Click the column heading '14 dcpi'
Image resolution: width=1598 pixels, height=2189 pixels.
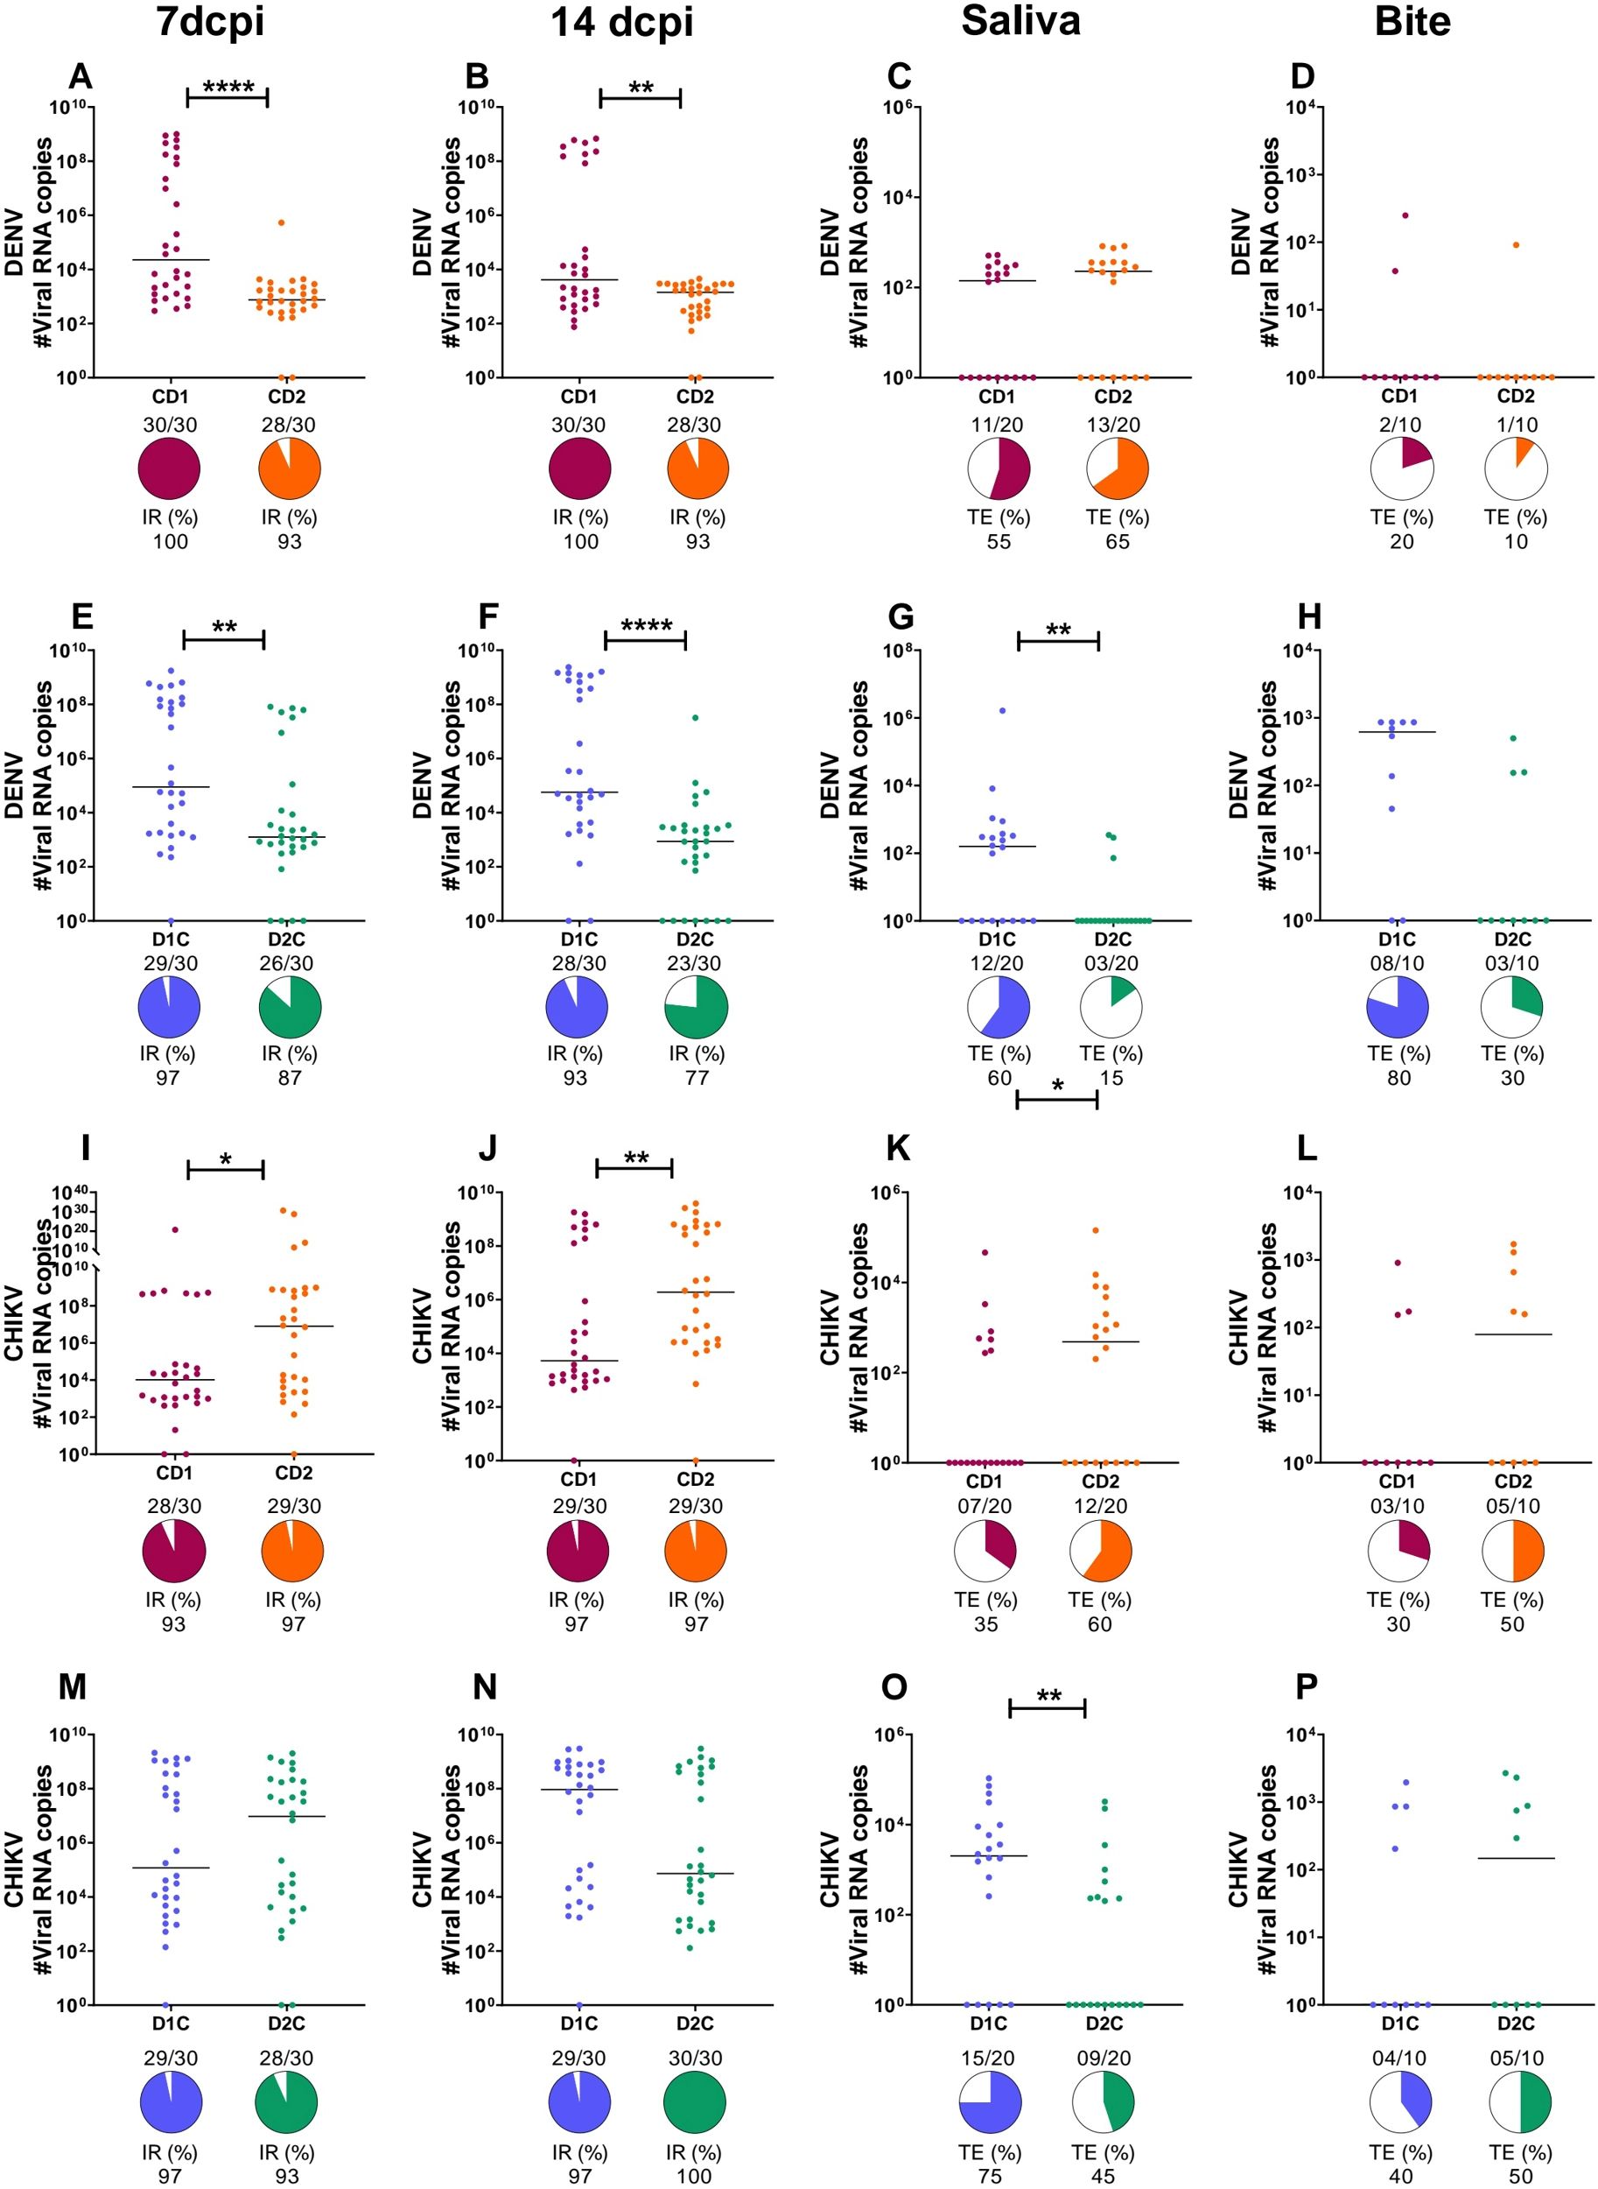[x=621, y=22]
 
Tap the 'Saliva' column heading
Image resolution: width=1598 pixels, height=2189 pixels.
[x=1020, y=21]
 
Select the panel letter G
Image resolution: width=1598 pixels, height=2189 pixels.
[x=900, y=617]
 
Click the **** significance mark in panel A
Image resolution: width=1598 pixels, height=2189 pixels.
[x=228, y=87]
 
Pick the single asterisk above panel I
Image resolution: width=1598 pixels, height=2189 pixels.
[x=226, y=1160]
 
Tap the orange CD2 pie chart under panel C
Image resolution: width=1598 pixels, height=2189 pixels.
[x=1118, y=469]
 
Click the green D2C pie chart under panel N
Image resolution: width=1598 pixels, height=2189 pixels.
[x=695, y=2101]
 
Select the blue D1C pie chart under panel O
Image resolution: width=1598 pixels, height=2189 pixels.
[x=990, y=2101]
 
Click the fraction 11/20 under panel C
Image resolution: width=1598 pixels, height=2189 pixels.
[x=998, y=425]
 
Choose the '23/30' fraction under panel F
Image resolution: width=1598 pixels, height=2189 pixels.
[x=695, y=963]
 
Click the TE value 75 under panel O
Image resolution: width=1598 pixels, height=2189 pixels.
[x=990, y=2176]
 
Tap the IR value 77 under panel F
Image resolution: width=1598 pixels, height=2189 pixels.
[x=697, y=1077]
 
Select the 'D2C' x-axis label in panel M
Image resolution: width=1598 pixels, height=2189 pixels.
[x=286, y=2024]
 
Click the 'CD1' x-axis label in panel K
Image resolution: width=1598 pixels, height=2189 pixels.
[x=984, y=1482]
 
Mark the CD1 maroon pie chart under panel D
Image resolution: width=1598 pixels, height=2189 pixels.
[x=1402, y=469]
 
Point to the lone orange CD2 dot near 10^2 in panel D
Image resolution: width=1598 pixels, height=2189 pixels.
[x=1516, y=245]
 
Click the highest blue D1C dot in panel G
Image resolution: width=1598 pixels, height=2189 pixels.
[x=1002, y=710]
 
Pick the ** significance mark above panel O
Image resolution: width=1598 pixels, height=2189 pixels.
[x=1048, y=1695]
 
